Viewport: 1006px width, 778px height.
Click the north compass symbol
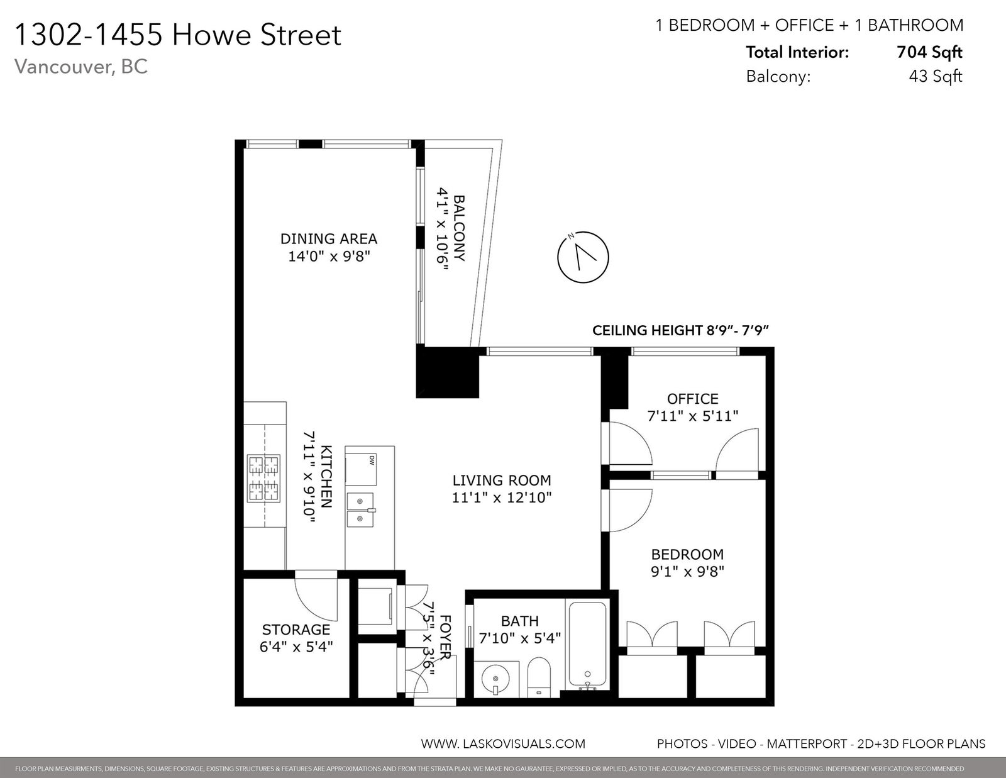click(583, 257)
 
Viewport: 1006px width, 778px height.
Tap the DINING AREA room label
click(329, 239)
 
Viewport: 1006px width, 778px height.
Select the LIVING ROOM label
click(502, 481)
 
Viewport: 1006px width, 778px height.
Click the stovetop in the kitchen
click(264, 479)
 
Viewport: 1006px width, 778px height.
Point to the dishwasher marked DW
click(361, 470)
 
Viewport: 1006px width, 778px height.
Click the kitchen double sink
click(360, 510)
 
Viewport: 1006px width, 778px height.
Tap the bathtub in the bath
click(587, 645)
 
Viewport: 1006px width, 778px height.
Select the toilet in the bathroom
click(539, 677)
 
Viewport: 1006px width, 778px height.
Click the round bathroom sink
click(495, 679)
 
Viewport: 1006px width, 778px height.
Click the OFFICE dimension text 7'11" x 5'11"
click(693, 416)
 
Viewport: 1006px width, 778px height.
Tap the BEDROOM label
click(687, 554)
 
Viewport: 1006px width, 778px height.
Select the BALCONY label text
click(459, 228)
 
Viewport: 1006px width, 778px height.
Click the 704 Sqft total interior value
click(930, 52)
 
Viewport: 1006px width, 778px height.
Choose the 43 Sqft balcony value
click(936, 76)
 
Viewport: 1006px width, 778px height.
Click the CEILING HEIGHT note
click(680, 331)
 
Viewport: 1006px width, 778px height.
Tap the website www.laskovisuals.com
click(503, 744)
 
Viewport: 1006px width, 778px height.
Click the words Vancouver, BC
click(81, 67)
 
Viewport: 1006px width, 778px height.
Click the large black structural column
click(447, 372)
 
